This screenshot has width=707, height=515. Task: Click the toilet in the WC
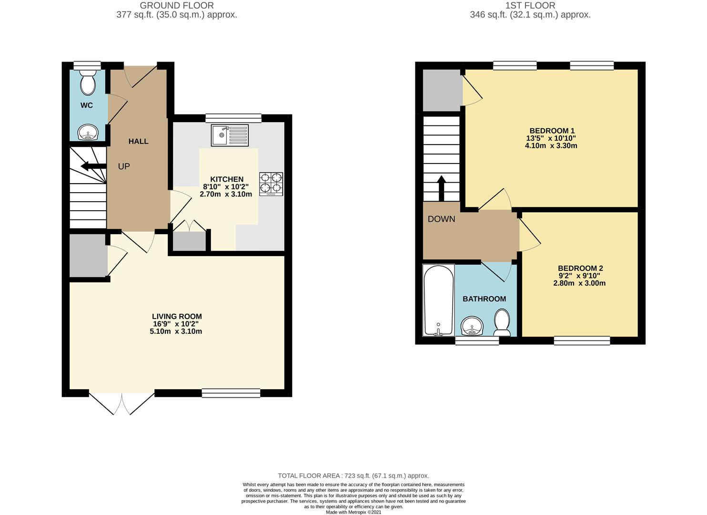(x=88, y=82)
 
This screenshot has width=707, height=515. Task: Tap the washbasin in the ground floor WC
(x=89, y=133)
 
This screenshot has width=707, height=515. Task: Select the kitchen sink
(x=230, y=135)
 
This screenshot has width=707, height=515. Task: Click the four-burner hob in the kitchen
(x=271, y=184)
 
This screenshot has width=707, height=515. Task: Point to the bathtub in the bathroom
(x=438, y=300)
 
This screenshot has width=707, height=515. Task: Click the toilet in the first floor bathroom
(x=502, y=322)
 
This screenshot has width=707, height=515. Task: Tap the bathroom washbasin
(x=472, y=326)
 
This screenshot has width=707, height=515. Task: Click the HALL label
(x=138, y=141)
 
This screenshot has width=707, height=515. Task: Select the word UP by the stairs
(x=124, y=166)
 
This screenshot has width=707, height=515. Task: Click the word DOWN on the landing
(x=441, y=219)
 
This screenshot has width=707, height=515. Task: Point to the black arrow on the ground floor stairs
(x=93, y=166)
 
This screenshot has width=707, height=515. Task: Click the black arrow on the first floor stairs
(x=441, y=188)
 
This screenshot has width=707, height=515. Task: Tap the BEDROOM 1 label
(x=552, y=131)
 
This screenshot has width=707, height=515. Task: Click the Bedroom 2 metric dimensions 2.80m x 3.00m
(x=579, y=283)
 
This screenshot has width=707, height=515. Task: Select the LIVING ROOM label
(x=177, y=316)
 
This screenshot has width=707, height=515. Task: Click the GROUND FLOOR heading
(x=177, y=5)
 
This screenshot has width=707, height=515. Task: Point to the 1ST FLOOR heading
(x=530, y=5)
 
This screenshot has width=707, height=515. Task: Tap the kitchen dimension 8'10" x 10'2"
(x=226, y=186)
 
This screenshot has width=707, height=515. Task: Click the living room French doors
(x=122, y=404)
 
